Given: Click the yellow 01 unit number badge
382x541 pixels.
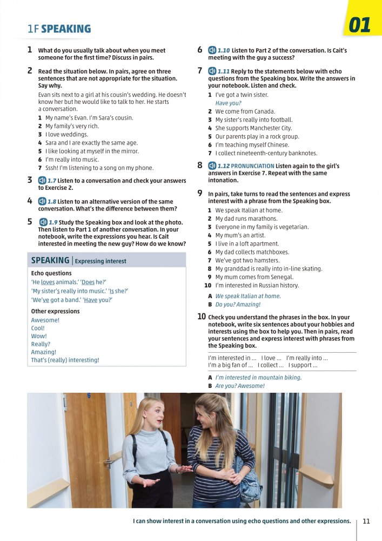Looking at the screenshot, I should pyautogui.click(x=360, y=25).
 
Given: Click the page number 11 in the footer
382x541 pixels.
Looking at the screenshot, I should pyautogui.click(x=366, y=522).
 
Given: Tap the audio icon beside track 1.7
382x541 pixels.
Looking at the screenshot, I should pyautogui.click(x=42, y=181).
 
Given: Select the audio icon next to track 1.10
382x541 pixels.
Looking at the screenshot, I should pyautogui.click(x=212, y=50).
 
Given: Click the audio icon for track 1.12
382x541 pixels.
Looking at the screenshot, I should pyautogui.click(x=212, y=166).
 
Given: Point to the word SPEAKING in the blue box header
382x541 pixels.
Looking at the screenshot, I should pyautogui.click(x=50, y=260).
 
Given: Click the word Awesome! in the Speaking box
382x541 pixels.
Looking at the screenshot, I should pyautogui.click(x=45, y=320).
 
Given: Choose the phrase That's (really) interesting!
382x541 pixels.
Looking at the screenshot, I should pyautogui.click(x=65, y=360).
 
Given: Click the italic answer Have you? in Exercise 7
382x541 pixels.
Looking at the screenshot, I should pyautogui.click(x=228, y=103).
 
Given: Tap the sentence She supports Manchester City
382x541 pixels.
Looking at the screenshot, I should pyautogui.click(x=253, y=128).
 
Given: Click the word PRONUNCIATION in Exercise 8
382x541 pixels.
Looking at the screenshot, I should pyautogui.click(x=253, y=166).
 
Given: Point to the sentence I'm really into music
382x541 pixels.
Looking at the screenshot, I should pyautogui.click(x=72, y=160).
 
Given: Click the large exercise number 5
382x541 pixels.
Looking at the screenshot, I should pyautogui.click(x=30, y=221).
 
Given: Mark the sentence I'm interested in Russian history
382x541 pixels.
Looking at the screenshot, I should pyautogui.click(x=257, y=285).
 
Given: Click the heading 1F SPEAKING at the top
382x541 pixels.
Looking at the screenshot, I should pyautogui.click(x=59, y=29).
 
